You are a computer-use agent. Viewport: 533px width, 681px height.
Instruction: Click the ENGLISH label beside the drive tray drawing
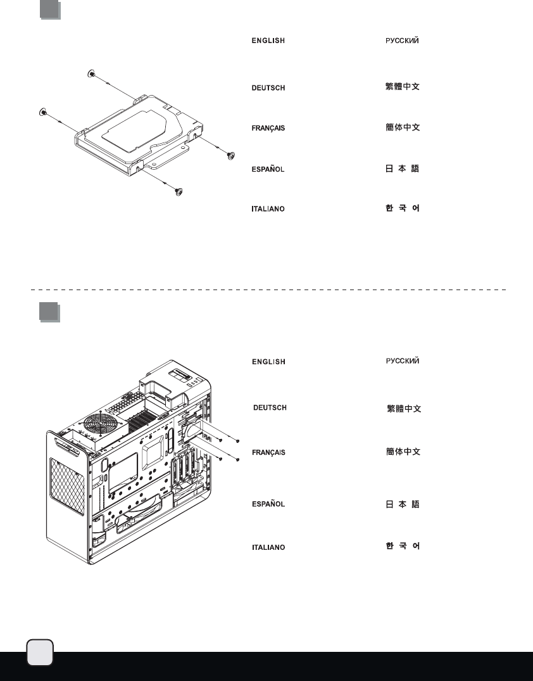click(x=268, y=41)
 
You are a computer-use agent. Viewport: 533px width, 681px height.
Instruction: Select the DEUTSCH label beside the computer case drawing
click(x=270, y=407)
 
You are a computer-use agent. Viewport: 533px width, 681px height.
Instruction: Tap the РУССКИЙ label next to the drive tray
click(x=403, y=41)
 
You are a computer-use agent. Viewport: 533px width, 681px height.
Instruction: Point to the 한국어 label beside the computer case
click(x=403, y=545)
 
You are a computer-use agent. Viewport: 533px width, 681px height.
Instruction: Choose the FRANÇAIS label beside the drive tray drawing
click(x=268, y=128)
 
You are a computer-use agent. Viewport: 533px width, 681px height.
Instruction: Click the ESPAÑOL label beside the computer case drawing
click(x=268, y=505)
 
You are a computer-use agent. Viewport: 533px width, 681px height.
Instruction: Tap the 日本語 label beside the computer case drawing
click(x=403, y=505)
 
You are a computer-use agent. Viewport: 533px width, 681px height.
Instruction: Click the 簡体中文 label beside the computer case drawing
click(x=403, y=452)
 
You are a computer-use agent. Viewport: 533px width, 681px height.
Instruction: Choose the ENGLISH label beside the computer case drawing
click(x=268, y=362)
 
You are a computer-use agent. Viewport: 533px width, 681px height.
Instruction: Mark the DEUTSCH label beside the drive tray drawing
click(x=268, y=87)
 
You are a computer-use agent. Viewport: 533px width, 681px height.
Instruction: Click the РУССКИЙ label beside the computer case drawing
click(x=403, y=361)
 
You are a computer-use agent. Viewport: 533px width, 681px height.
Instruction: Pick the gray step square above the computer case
click(x=49, y=313)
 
